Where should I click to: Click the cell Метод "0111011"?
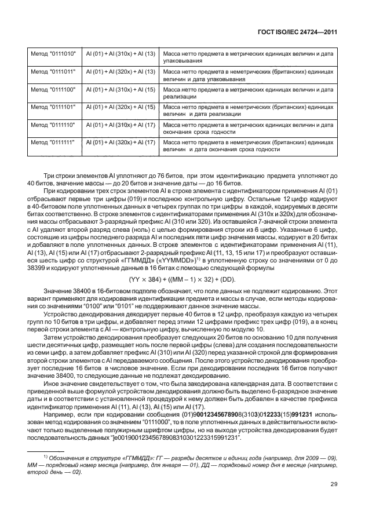pyautogui.click(x=50, y=71)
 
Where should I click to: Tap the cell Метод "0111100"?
pyautogui.click(x=50, y=89)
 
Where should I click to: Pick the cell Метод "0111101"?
pyautogui.click(x=50, y=107)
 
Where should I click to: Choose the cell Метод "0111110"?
pyautogui.click(x=50, y=125)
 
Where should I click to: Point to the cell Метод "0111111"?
pyautogui.click(x=50, y=142)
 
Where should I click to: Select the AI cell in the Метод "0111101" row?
pyautogui.click(x=120, y=107)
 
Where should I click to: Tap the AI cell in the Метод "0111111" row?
pyautogui.click(x=120, y=142)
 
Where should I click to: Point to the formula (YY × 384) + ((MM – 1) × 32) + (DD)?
pyautogui.click(x=183, y=279)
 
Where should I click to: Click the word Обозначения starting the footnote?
pyautogui.click(x=63, y=457)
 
